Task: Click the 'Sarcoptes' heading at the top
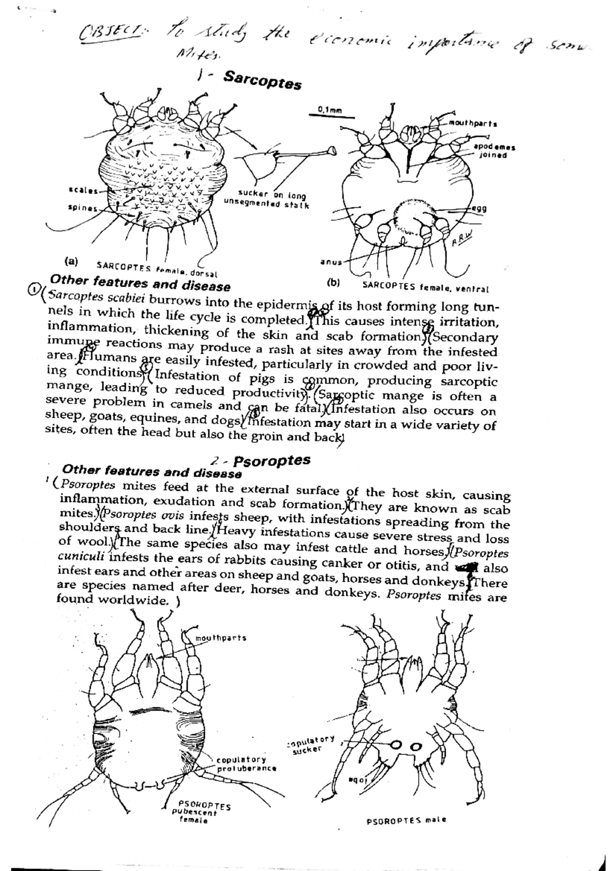pos(262,80)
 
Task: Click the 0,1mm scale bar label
pos(330,109)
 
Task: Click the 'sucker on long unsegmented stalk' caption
pos(266,200)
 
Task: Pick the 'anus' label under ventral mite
pos(331,262)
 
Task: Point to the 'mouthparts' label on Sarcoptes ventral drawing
pos(473,124)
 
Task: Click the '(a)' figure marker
pos(71,261)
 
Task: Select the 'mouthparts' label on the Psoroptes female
pos(221,638)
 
